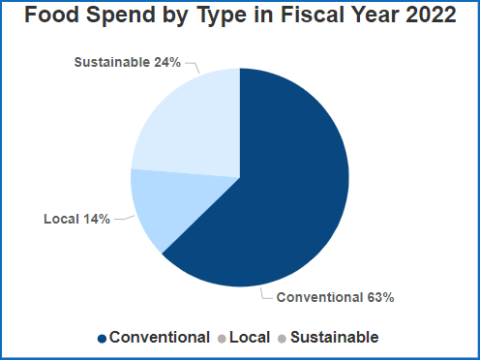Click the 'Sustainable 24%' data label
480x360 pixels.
(128, 62)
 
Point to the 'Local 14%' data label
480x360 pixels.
(76, 218)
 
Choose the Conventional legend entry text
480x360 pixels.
(159, 337)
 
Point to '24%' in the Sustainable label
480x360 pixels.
(166, 62)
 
